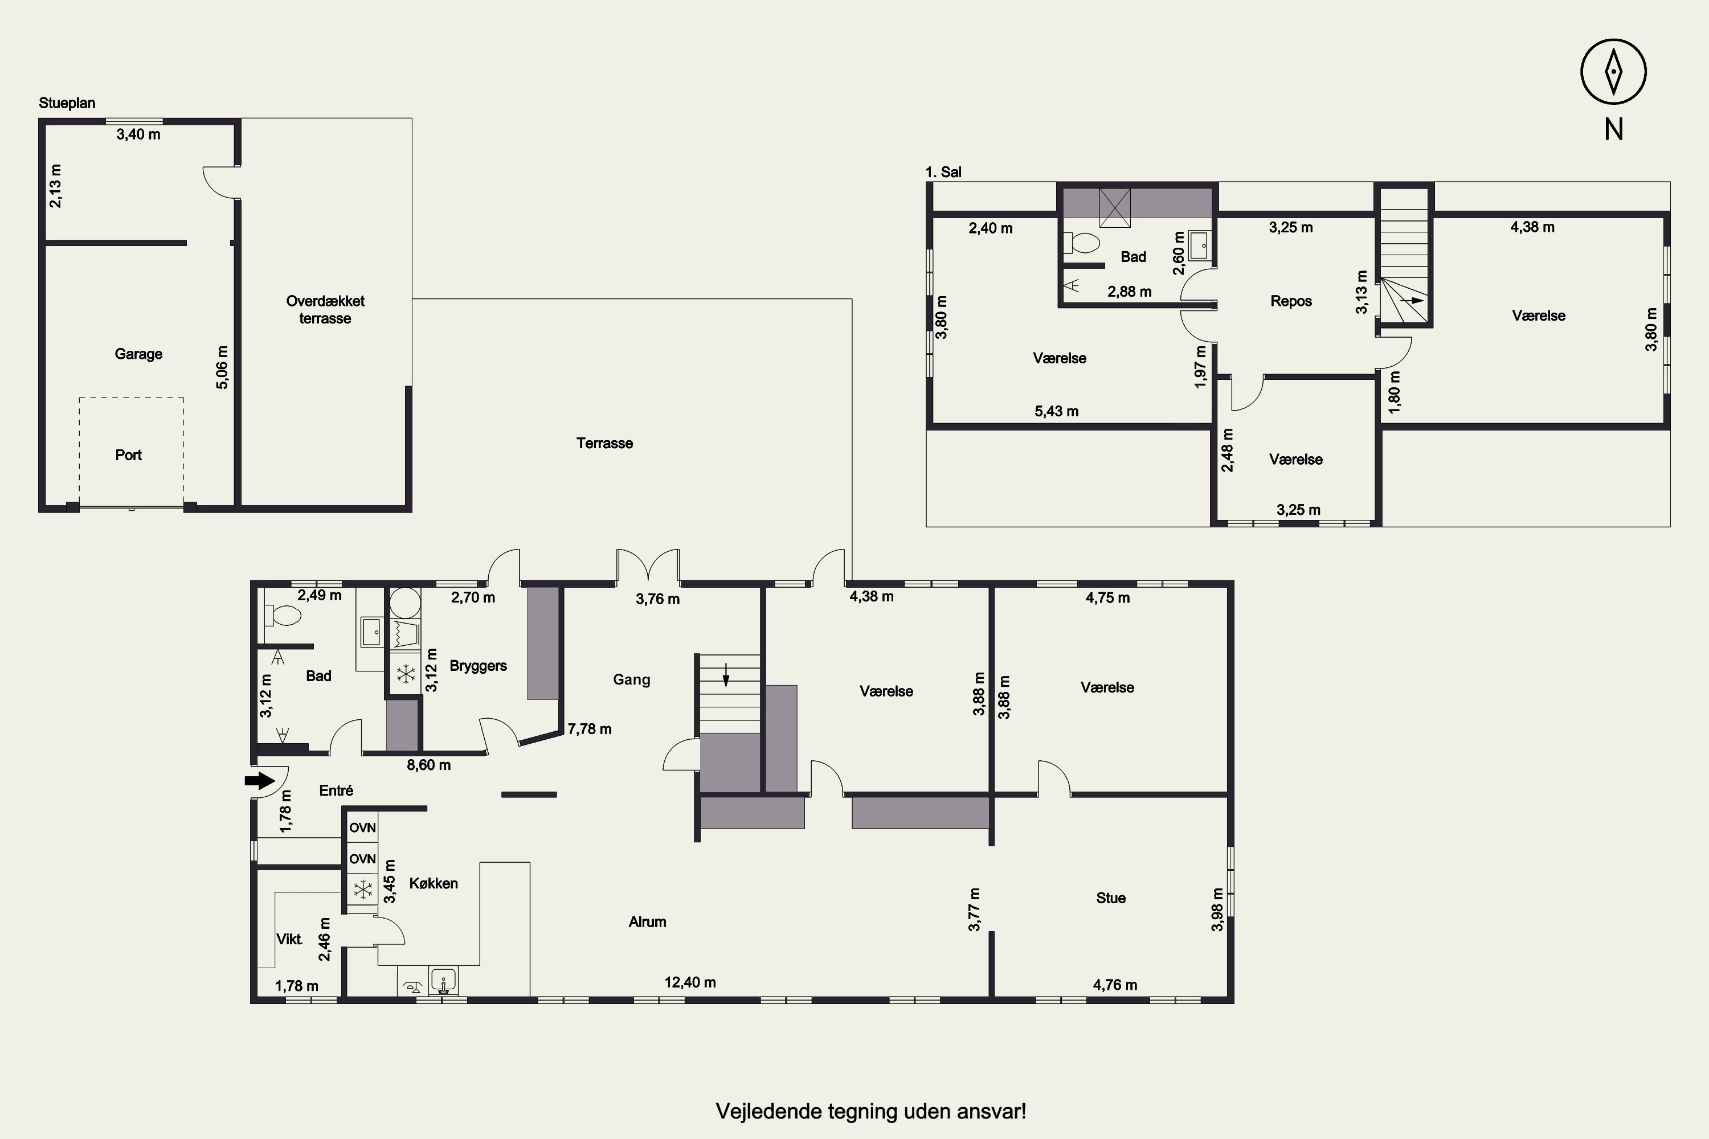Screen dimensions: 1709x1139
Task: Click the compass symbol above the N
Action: pyautogui.click(x=1613, y=72)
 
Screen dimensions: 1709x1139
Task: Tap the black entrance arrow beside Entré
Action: pyautogui.click(x=259, y=781)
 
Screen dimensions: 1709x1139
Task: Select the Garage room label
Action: pyautogui.click(x=138, y=354)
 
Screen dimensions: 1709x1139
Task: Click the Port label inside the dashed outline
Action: pyautogui.click(x=129, y=454)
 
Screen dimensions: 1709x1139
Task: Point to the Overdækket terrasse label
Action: pyautogui.click(x=325, y=309)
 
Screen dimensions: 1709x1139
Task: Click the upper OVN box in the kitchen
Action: pyautogui.click(x=362, y=827)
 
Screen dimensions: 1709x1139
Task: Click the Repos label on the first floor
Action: pyautogui.click(x=1291, y=301)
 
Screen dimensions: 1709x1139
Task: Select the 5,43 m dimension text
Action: pyautogui.click(x=1057, y=411)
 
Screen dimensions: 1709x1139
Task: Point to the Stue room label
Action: pyautogui.click(x=1110, y=898)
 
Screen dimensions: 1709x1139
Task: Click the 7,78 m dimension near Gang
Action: pyautogui.click(x=589, y=728)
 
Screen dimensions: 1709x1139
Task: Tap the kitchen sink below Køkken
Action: pyautogui.click(x=443, y=981)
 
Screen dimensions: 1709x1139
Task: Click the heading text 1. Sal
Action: pyautogui.click(x=943, y=172)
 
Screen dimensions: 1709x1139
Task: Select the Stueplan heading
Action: pyautogui.click(x=67, y=103)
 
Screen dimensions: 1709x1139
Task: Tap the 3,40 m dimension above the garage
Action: pyautogui.click(x=138, y=134)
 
